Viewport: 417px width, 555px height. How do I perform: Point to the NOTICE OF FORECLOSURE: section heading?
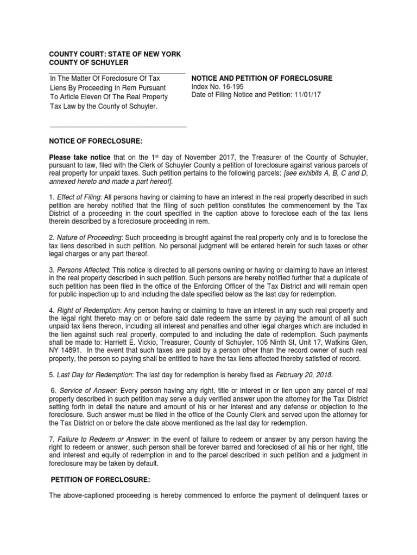(96, 141)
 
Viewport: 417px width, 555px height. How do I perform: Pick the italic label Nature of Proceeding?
(90, 238)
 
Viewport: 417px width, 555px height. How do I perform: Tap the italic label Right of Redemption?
(87, 309)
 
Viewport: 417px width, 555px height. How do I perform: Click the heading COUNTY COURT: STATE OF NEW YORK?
(115, 55)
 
